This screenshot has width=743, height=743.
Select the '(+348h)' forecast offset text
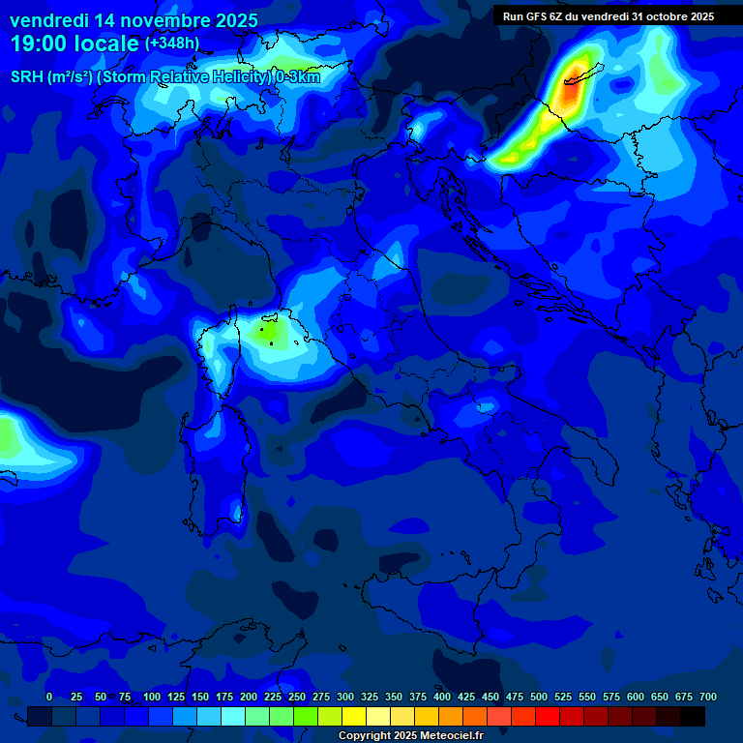click(172, 44)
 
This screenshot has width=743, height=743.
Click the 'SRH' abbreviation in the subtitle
click(26, 77)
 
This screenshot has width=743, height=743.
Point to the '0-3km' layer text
click(298, 77)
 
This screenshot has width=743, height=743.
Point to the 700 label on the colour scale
click(707, 697)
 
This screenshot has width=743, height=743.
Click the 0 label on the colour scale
click(49, 697)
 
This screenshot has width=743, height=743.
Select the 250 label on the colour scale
click(296, 697)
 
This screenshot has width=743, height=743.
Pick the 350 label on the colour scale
click(394, 697)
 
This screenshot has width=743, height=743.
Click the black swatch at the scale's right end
click(693, 716)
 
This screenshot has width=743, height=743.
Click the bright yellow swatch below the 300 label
click(354, 716)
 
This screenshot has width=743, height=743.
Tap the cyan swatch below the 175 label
click(233, 716)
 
